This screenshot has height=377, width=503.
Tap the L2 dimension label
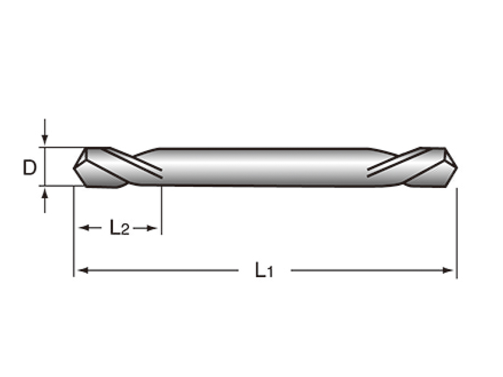coord(119,227)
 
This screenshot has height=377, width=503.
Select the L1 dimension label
coord(264,270)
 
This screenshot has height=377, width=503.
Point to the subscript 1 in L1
coord(270,273)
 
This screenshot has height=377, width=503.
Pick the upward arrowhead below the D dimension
coord(45,194)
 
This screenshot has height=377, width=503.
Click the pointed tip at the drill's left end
coord(74,167)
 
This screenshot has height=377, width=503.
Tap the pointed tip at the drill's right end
coord(457,167)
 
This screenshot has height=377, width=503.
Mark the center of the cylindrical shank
coord(264,167)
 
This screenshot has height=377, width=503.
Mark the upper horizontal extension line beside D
coord(63,148)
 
